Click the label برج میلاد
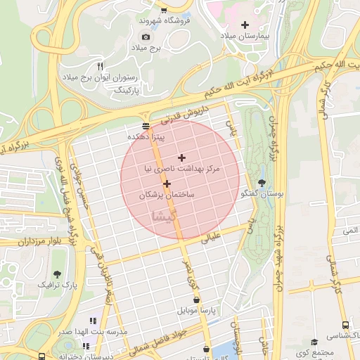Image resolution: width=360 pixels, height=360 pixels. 146,47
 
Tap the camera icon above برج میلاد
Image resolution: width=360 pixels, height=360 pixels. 146,37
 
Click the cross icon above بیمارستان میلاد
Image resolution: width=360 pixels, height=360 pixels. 245,25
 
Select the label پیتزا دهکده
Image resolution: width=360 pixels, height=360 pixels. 146,136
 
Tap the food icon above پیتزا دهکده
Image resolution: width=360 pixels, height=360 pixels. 146,126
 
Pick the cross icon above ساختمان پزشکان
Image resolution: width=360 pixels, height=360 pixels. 167,183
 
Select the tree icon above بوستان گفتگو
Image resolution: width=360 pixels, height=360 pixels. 262,182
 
